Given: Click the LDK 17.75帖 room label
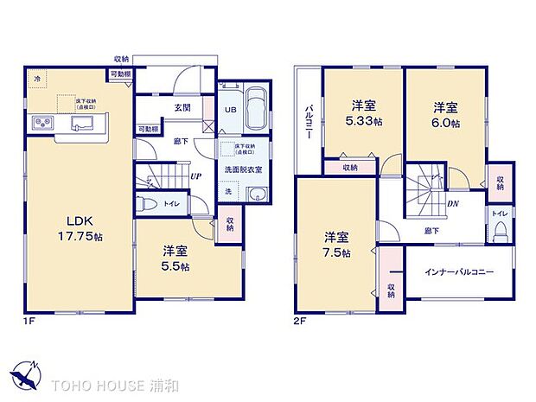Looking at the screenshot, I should [60, 226].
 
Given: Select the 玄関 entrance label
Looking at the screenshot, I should [182, 108].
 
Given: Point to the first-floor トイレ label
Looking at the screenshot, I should [171, 204].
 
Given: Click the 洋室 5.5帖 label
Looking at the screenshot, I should [175, 258].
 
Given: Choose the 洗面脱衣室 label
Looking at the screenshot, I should [244, 169].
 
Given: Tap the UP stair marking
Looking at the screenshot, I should [197, 175].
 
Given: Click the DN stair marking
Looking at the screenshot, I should [452, 204].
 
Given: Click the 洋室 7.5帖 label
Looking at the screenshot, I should [338, 245].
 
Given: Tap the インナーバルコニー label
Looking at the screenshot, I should [459, 271].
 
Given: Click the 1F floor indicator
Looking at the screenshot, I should [29, 322].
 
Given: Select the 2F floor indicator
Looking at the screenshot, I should [300, 322].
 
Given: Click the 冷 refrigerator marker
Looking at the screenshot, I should [37, 79].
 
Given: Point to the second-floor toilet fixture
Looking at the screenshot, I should [501, 230].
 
